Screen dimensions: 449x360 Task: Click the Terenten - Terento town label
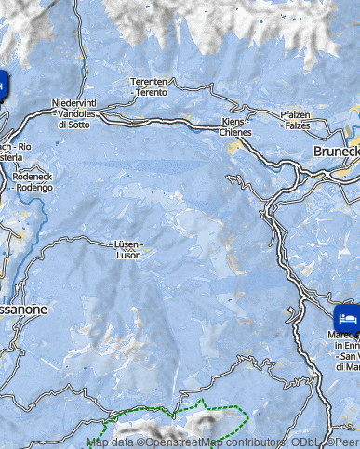tap(149, 86)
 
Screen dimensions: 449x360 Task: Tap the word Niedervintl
tap(73, 103)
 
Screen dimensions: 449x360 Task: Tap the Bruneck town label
tap(336, 151)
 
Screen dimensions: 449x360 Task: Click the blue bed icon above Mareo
tap(346, 316)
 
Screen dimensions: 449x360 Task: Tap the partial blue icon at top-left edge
tap(3, 86)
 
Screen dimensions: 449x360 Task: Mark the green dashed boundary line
tap(200, 405)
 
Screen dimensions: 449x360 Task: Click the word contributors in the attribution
tap(260, 442)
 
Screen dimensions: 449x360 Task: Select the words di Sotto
tap(74, 124)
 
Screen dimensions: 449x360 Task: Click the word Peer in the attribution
tap(346, 442)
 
